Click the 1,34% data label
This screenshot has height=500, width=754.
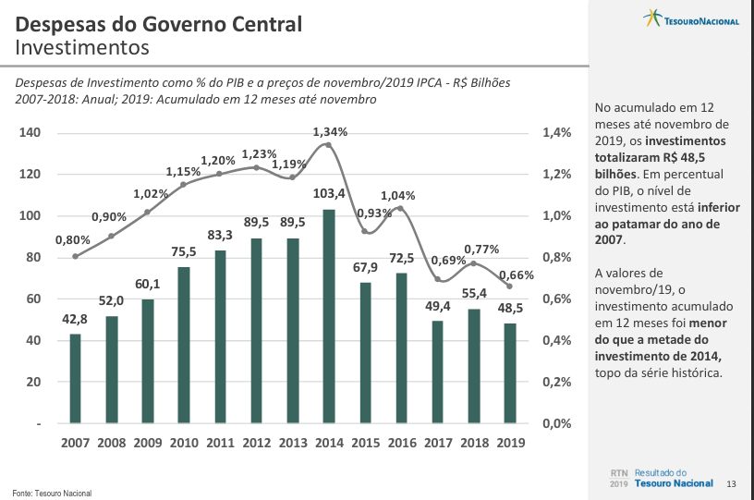point(330,132)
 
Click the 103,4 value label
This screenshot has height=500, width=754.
point(329,193)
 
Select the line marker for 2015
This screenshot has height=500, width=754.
point(365,231)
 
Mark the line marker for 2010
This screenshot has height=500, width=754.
point(183,185)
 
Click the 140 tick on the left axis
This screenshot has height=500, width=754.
point(30,133)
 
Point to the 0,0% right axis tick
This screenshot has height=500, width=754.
point(556,423)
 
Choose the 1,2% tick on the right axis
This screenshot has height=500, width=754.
point(556,175)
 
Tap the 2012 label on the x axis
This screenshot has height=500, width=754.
point(256,443)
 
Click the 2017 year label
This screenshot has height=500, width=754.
point(438,443)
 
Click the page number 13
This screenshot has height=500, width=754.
point(731,483)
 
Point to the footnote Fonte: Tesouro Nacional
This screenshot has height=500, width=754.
point(52,493)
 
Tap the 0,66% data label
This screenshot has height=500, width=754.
point(517,274)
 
